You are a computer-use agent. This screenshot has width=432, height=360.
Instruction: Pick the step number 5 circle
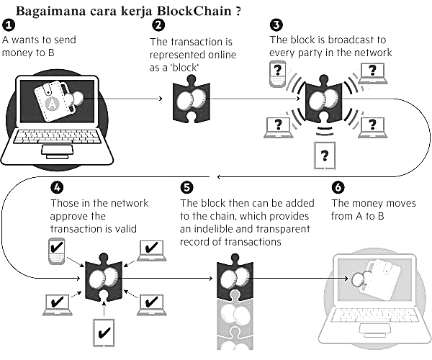(x=186, y=188)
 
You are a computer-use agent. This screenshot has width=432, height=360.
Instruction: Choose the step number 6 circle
(x=337, y=188)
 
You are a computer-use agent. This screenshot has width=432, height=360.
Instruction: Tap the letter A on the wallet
(x=51, y=102)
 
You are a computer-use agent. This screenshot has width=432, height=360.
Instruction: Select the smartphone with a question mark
(x=276, y=73)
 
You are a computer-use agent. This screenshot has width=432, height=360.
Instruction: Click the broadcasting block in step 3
(x=324, y=101)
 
